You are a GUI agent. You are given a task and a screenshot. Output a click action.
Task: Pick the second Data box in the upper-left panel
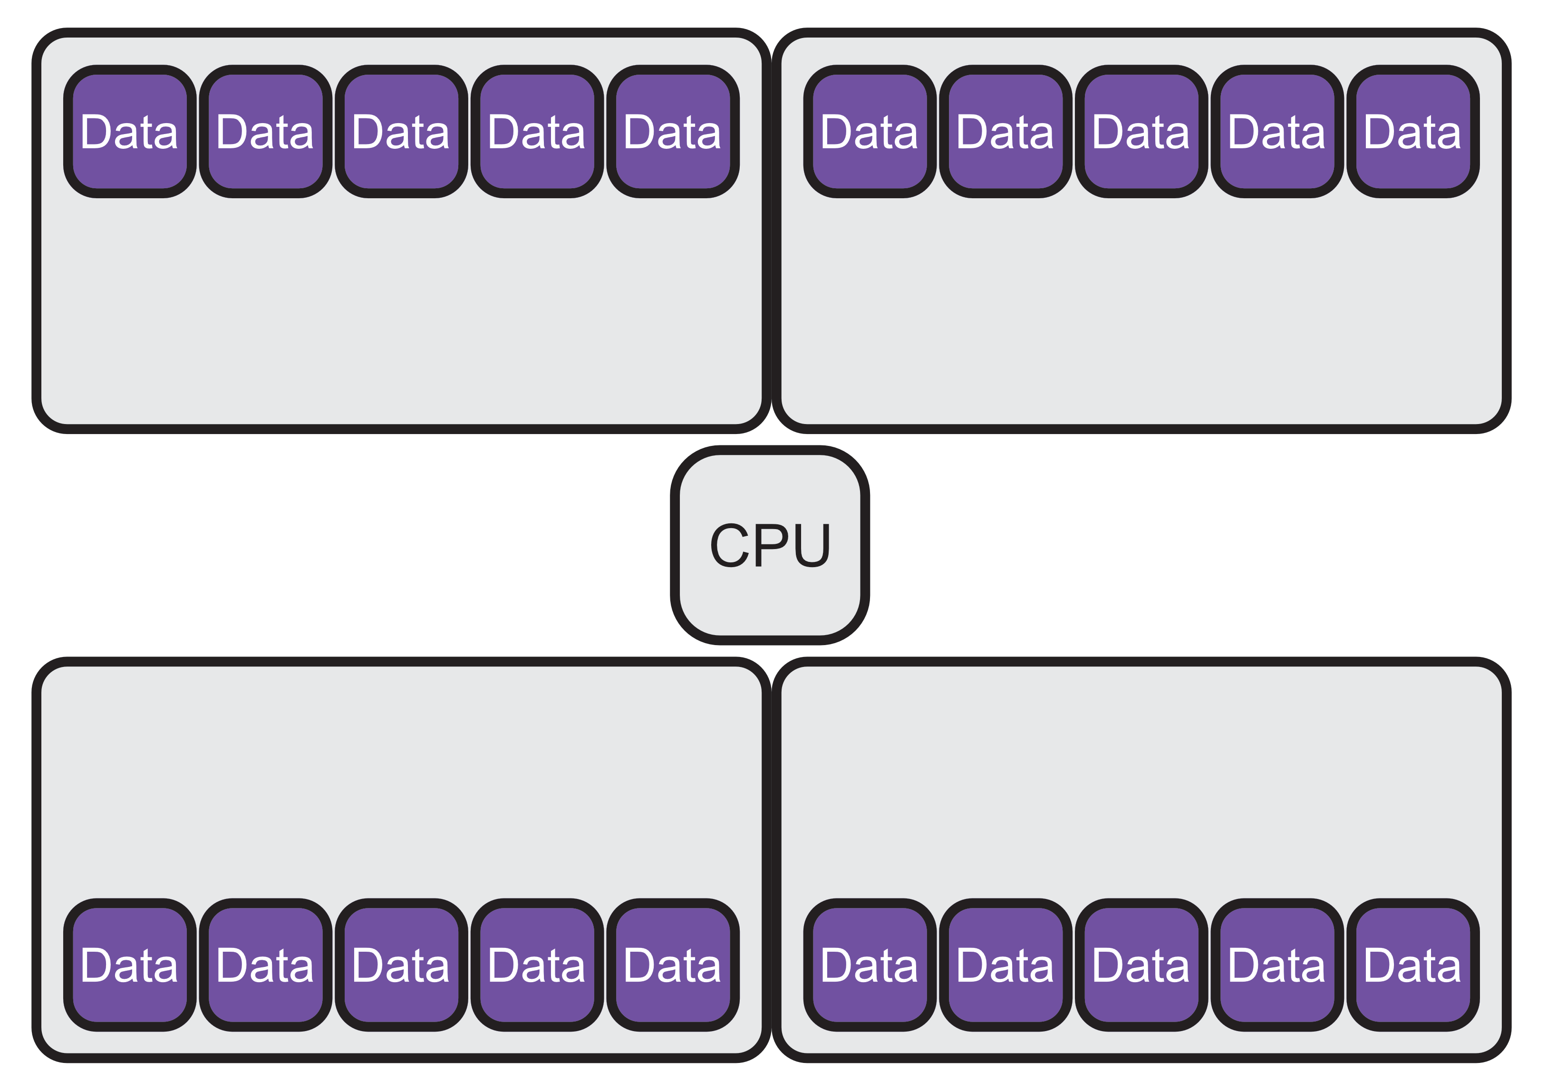[x=265, y=131]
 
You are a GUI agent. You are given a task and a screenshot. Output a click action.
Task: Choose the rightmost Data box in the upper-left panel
[x=673, y=131]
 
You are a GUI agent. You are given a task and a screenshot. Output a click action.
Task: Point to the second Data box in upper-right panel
[x=1006, y=131]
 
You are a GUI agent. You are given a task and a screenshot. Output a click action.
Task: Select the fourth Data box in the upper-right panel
[x=1277, y=131]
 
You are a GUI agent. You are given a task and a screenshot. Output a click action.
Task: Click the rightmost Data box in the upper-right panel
[x=1413, y=131]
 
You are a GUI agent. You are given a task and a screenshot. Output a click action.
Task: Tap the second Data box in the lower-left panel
[x=265, y=965]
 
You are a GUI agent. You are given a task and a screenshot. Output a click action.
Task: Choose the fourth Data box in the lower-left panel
[x=537, y=965]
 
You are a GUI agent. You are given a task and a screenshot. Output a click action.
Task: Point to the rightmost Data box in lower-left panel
[x=673, y=965]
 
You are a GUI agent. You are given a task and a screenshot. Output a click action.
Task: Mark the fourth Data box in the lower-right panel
[x=1277, y=965]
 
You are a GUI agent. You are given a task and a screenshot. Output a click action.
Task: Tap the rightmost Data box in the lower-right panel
[x=1413, y=965]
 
